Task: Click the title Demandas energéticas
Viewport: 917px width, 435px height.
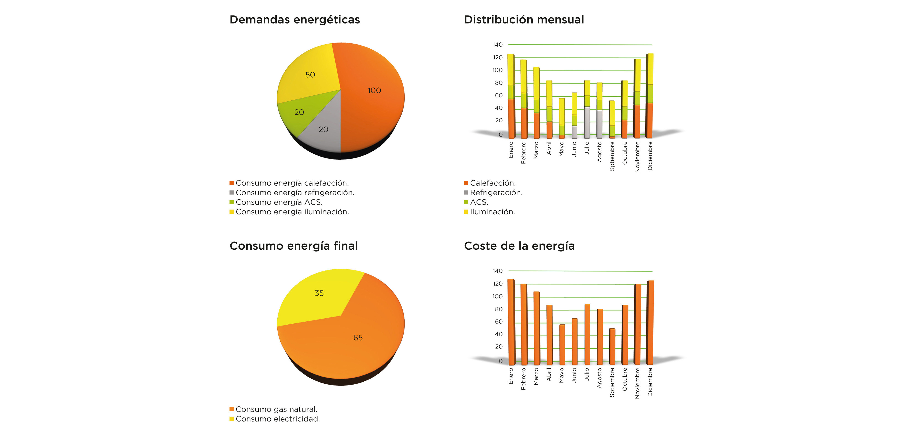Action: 294,20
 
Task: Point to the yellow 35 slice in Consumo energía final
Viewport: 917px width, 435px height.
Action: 319,296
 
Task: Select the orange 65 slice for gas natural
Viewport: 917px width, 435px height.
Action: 356,342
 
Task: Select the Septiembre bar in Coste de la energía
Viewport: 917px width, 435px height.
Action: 612,346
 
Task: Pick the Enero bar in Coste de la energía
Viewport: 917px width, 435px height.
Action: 511,321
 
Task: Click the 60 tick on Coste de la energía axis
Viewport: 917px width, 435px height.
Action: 498,322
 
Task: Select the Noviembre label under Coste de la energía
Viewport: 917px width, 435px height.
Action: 637,383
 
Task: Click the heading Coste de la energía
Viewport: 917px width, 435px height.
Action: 519,246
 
